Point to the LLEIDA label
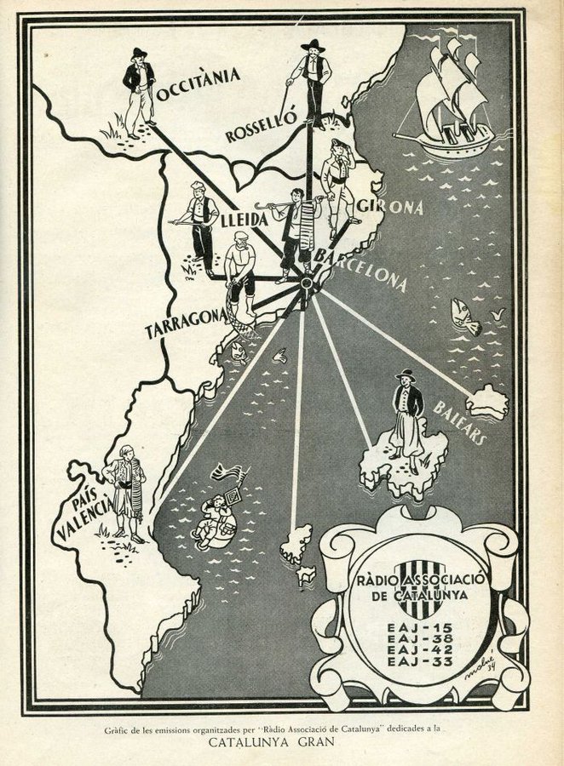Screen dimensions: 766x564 coord(245,220)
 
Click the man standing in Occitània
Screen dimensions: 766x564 coord(138,91)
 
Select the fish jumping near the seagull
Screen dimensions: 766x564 coord(465,317)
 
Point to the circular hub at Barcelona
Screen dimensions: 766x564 coord(305,283)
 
